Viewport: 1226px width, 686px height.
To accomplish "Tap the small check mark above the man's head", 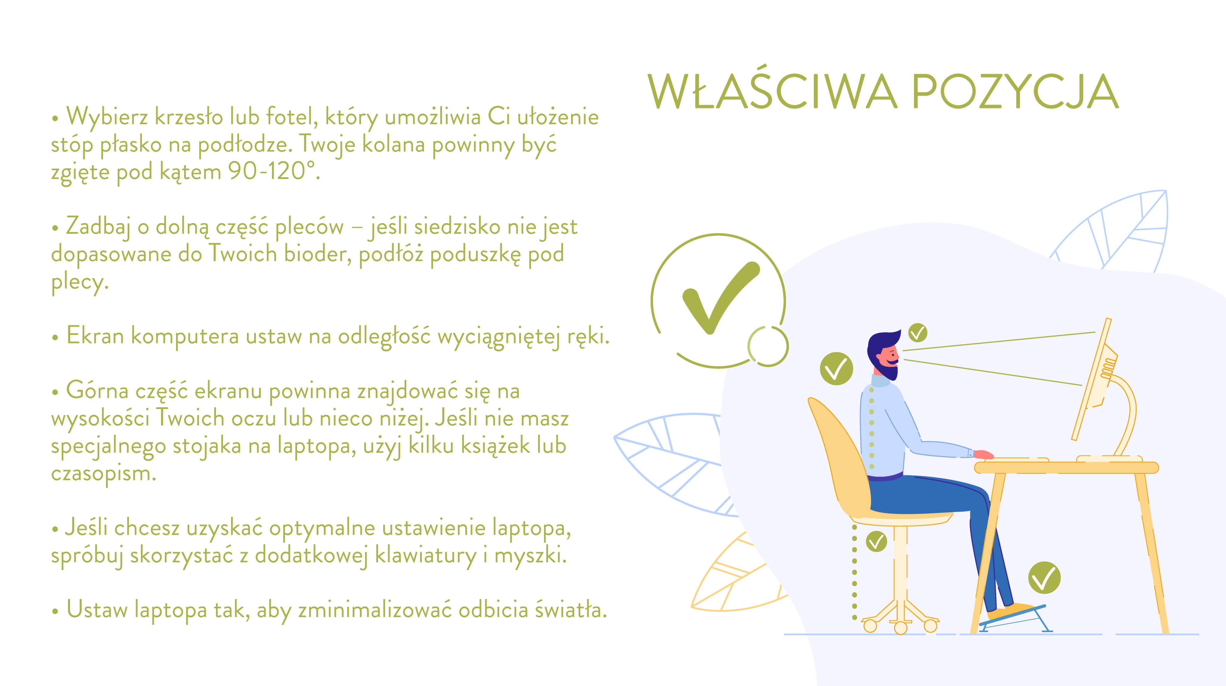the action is point(918,333).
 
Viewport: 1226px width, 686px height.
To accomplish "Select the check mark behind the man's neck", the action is point(836,369).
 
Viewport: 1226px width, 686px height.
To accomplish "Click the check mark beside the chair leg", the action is point(876,542).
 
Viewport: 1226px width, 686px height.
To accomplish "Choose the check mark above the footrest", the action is point(1044,578).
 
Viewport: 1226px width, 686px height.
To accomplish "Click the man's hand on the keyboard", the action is point(983,455).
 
